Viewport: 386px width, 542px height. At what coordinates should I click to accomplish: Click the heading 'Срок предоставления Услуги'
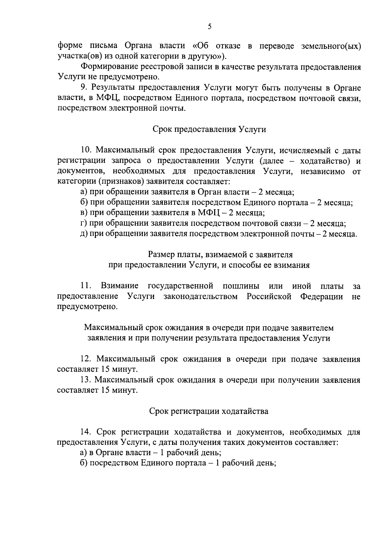point(209,130)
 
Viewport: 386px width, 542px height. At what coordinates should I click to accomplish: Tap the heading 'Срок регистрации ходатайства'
point(209,411)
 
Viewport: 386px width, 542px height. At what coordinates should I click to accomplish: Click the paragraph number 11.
point(86,286)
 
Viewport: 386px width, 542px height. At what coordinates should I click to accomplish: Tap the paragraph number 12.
point(86,359)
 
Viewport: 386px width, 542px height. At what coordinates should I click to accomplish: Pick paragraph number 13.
point(86,380)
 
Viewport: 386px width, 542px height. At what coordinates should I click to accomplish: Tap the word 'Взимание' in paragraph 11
point(120,286)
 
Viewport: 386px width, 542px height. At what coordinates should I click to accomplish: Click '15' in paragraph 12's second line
point(106,369)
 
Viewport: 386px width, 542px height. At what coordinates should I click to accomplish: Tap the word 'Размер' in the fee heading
point(161,255)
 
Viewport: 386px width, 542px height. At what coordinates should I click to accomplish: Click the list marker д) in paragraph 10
point(84,234)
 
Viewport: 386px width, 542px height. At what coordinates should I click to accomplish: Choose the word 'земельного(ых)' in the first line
point(331,46)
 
